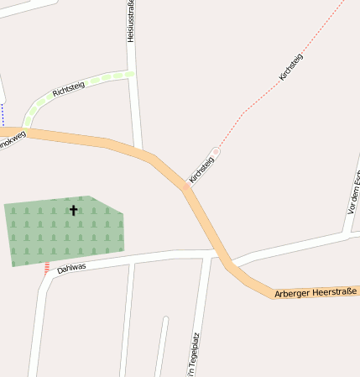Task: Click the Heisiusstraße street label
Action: click(x=131, y=21)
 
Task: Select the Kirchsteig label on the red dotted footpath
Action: click(x=290, y=66)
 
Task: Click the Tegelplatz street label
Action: click(x=194, y=356)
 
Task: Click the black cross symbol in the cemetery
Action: click(x=73, y=210)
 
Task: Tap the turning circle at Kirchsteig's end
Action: click(x=216, y=151)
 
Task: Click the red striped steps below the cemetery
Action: click(x=47, y=268)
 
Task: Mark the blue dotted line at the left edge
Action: click(x=3, y=113)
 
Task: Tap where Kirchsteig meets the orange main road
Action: click(x=186, y=186)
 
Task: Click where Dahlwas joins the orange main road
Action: click(x=219, y=250)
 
